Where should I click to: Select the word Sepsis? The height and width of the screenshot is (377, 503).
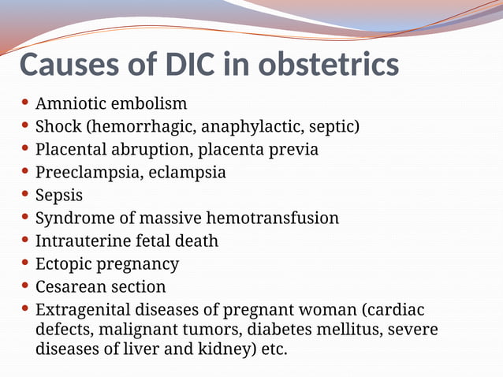point(58,195)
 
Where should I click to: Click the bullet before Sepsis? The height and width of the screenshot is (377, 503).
point(25,194)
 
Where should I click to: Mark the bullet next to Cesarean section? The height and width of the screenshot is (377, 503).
point(25,286)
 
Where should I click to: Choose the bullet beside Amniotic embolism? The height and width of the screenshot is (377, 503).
point(25,103)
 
